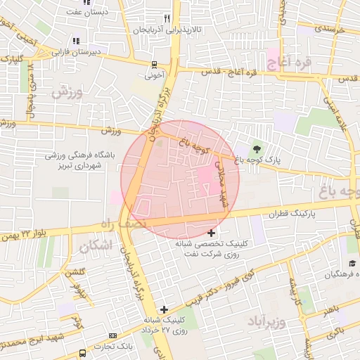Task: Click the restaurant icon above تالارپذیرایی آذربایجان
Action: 167,18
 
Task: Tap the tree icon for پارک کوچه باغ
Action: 256,148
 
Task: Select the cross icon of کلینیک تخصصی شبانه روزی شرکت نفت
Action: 211,233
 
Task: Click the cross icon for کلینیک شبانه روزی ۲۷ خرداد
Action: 164,309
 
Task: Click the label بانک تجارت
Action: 115,346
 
